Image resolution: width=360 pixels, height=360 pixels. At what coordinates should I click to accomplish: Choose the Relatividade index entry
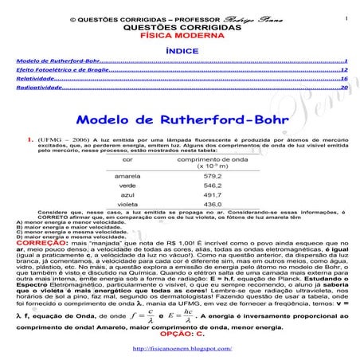coord(33,80)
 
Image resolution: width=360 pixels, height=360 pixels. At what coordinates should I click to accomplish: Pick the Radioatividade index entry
coord(36,88)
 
